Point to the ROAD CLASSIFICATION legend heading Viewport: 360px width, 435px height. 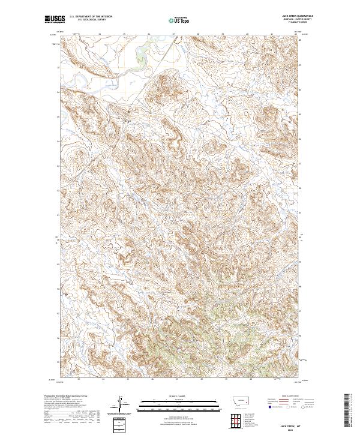[x=290, y=396]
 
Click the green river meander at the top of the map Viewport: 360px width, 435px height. [x=143, y=57]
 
